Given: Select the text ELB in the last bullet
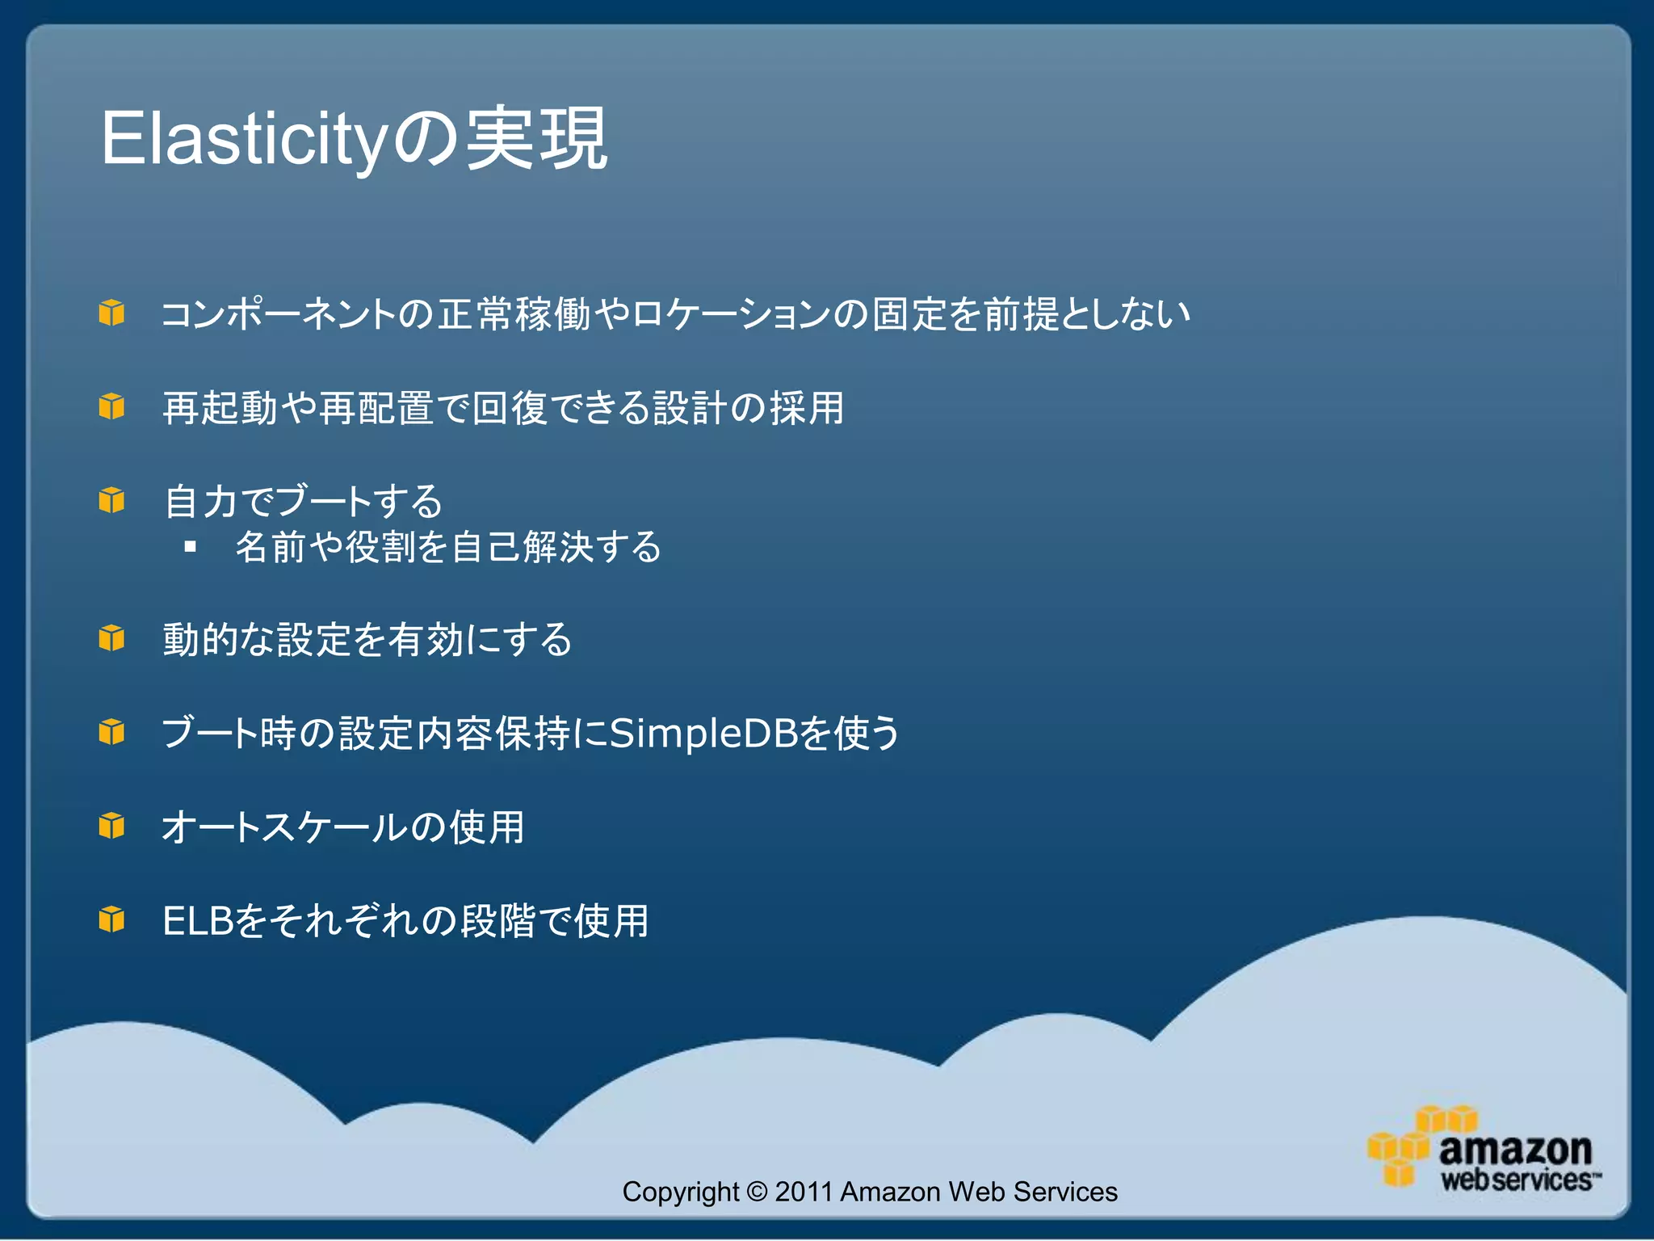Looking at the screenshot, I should [x=198, y=921].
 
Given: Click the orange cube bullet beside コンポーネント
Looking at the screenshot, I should [x=111, y=313].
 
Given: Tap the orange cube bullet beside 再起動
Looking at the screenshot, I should [x=111, y=406].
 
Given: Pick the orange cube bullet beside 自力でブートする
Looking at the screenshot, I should [x=111, y=500].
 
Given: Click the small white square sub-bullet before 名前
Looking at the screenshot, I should [x=191, y=547].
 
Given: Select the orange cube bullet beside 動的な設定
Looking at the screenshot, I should [x=111, y=639].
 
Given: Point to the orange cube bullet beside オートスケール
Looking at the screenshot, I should [x=111, y=827].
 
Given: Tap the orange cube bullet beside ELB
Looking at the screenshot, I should [x=111, y=920].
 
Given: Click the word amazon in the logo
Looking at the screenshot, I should [x=1515, y=1149].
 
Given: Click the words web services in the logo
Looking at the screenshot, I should [x=1515, y=1180].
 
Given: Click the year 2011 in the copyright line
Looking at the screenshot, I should [x=804, y=1192].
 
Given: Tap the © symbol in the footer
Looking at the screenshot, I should [x=757, y=1192].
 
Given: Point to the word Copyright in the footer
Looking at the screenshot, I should [x=680, y=1192].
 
